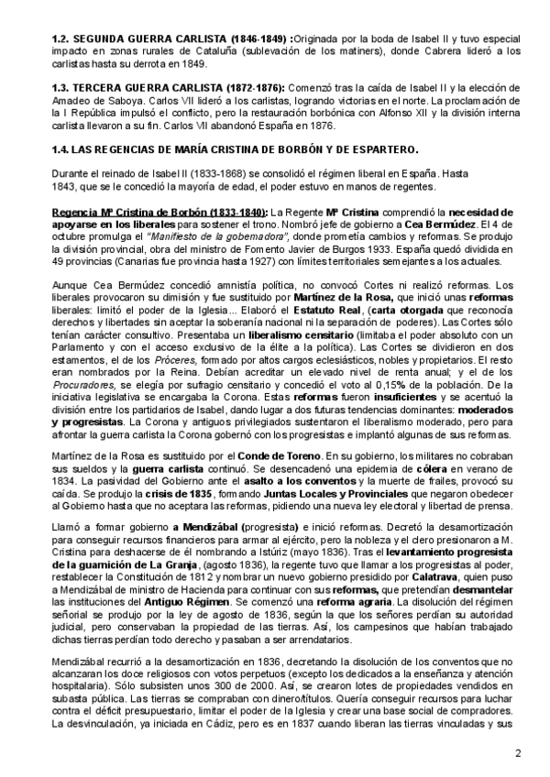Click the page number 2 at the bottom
518,754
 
